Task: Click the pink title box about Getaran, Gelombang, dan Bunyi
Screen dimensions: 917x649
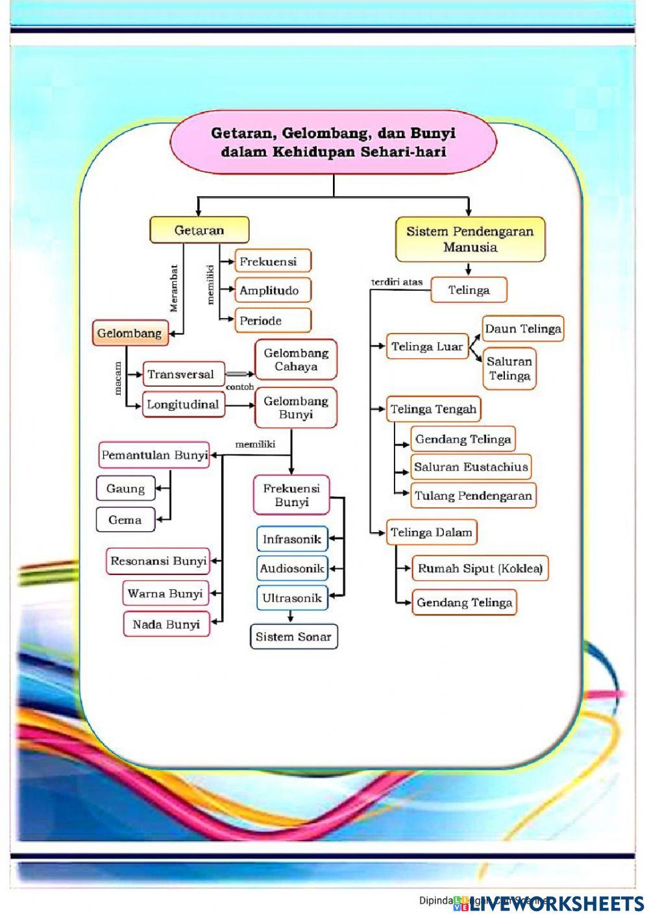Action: (333, 143)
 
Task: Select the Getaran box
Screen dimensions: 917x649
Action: (199, 230)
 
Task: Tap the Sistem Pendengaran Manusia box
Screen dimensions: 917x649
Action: (470, 239)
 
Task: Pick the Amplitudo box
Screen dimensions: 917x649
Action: (272, 291)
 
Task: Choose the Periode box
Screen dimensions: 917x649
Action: (272, 321)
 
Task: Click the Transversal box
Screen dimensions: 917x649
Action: (183, 374)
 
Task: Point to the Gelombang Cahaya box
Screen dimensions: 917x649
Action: (296, 360)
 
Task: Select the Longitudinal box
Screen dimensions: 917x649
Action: (183, 405)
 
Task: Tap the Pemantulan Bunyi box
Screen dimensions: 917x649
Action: (154, 456)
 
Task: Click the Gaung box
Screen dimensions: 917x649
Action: (126, 489)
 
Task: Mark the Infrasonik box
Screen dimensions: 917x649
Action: (292, 539)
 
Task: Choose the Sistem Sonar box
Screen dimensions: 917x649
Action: (293, 637)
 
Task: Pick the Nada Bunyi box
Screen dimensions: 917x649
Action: (166, 625)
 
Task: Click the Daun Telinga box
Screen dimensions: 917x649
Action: (522, 329)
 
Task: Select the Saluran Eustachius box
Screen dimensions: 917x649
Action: (471, 467)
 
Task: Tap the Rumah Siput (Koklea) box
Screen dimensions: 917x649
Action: (480, 569)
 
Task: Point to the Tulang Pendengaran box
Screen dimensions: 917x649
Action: (473, 496)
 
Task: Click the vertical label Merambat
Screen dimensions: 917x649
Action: (174, 288)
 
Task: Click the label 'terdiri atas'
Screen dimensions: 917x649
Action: (397, 282)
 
